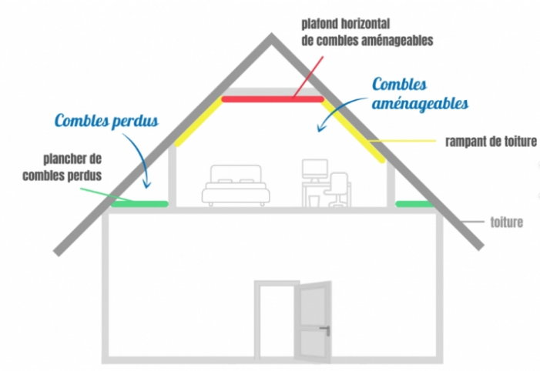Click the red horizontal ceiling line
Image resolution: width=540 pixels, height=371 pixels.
tap(273, 99)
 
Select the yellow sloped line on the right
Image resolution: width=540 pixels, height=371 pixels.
tap(353, 130)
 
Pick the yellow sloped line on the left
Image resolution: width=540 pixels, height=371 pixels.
tap(200, 122)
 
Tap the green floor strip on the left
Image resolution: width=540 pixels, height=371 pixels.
tap(139, 204)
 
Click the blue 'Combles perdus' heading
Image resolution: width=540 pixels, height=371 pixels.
tap(106, 120)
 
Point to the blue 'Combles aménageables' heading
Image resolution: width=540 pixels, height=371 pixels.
tap(420, 94)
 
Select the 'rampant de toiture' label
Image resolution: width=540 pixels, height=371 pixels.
tap(491, 142)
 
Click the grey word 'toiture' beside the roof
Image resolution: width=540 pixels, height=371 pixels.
tap(507, 222)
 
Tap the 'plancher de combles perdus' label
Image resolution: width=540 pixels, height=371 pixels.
tap(62, 167)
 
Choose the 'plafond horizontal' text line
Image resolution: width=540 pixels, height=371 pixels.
tap(346, 24)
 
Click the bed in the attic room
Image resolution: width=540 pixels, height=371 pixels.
tap(236, 185)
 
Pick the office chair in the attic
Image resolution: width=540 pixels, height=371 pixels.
tap(336, 189)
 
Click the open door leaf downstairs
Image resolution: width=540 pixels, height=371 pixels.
tap(313, 323)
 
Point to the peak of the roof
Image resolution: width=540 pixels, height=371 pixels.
tap(271, 34)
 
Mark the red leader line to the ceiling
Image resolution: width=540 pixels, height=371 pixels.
tap(308, 78)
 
